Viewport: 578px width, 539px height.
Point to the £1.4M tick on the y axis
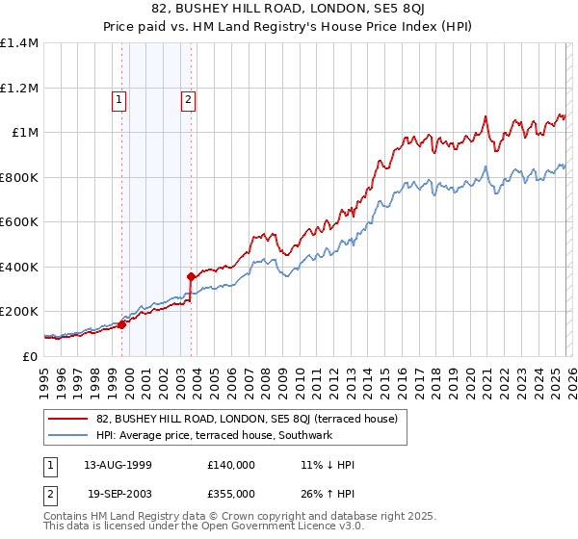[19, 43]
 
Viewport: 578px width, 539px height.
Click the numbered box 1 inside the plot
[119, 98]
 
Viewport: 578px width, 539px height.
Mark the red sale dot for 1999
[122, 324]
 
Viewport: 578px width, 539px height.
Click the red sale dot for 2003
[192, 276]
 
